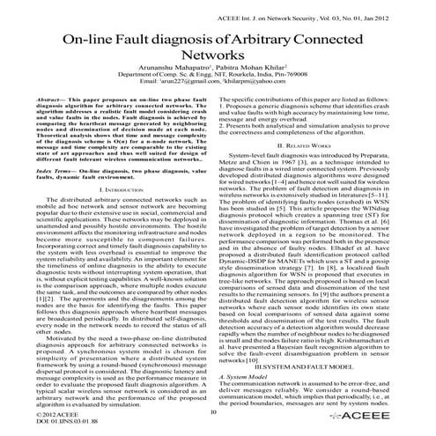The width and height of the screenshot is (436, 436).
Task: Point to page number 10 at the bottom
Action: point(216,410)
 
